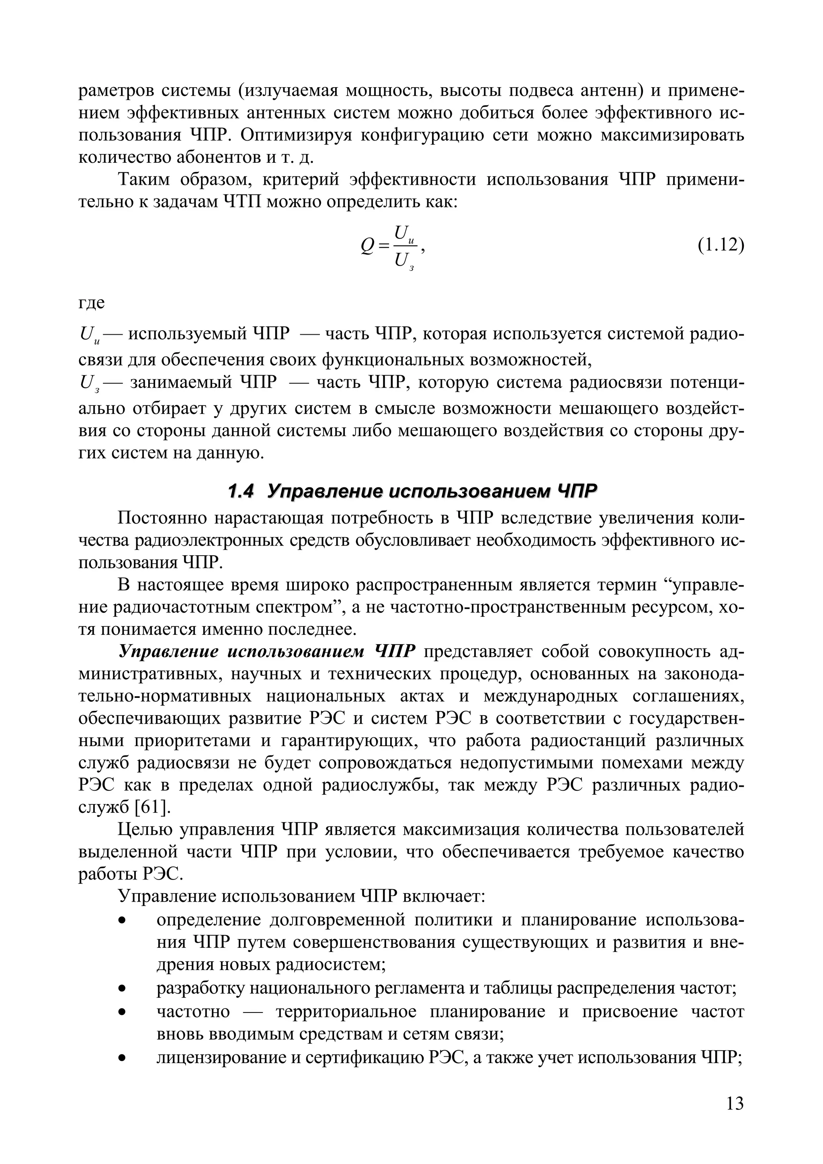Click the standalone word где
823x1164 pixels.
pos(92,303)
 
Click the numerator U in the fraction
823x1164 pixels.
pos(401,232)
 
